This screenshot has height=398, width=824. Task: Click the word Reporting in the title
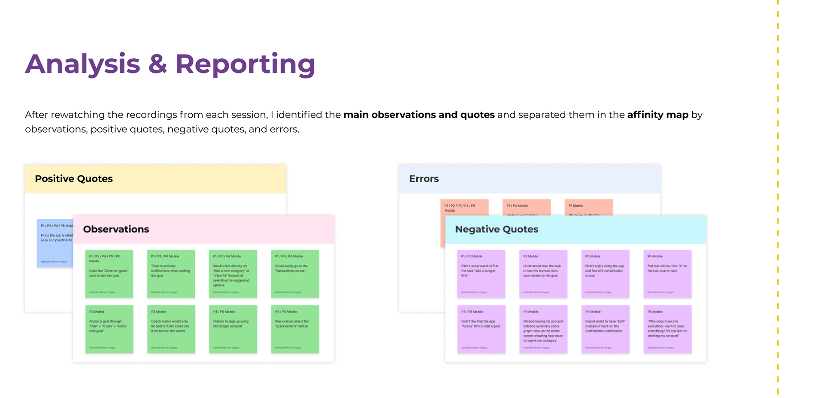[245, 64]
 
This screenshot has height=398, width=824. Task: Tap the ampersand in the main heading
[158, 64]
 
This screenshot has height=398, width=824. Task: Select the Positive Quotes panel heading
[74, 179]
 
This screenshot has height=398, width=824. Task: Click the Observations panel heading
[116, 229]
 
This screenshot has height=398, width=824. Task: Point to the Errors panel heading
[424, 179]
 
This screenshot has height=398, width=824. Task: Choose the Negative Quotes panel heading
[497, 229]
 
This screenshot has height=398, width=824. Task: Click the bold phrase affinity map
[657, 115]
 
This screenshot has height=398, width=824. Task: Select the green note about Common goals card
[109, 274]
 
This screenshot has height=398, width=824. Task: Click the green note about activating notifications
[171, 274]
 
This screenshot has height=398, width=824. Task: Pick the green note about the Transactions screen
[295, 274]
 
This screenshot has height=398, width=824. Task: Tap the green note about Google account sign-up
[233, 329]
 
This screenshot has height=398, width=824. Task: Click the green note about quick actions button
[295, 329]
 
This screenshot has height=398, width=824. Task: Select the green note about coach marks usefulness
[171, 329]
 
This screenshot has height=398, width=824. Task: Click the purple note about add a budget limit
[481, 274]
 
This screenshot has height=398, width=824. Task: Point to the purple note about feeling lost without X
[667, 274]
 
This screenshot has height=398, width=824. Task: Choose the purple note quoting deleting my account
[667, 329]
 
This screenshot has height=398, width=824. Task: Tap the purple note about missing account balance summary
[543, 329]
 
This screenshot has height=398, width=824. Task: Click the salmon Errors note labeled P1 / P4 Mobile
[526, 207]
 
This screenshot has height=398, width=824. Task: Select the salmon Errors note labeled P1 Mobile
[588, 207]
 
